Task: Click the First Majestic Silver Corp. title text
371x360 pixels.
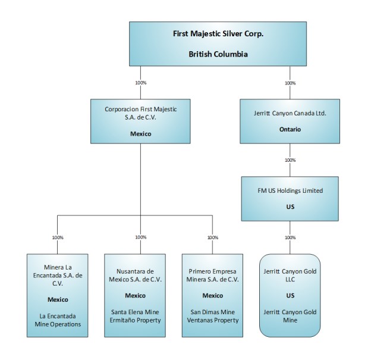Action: [218, 34]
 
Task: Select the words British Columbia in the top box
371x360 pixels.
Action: [218, 54]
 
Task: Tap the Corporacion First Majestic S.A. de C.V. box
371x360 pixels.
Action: [141, 121]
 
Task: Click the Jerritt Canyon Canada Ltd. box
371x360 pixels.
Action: [290, 121]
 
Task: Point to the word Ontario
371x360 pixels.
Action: [290, 129]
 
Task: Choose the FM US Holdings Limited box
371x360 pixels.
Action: [290, 198]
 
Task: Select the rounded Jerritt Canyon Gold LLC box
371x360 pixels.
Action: [290, 296]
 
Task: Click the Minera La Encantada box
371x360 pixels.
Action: [58, 296]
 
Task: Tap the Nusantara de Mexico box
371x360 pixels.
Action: [141, 296]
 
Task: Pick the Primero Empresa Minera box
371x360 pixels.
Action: [212, 296]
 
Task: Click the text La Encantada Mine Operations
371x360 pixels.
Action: [58, 320]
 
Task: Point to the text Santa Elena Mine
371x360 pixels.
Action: [141, 311]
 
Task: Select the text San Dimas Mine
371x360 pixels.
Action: [212, 311]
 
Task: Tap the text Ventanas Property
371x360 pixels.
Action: [212, 320]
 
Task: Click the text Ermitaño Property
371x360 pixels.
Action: [141, 320]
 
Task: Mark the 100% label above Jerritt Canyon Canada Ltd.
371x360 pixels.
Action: [290, 83]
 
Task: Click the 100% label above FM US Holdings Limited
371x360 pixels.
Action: [290, 160]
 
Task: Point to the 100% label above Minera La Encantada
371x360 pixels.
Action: [58, 237]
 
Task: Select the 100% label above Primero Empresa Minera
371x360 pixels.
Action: [212, 237]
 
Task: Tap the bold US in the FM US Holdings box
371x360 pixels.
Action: [290, 207]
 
